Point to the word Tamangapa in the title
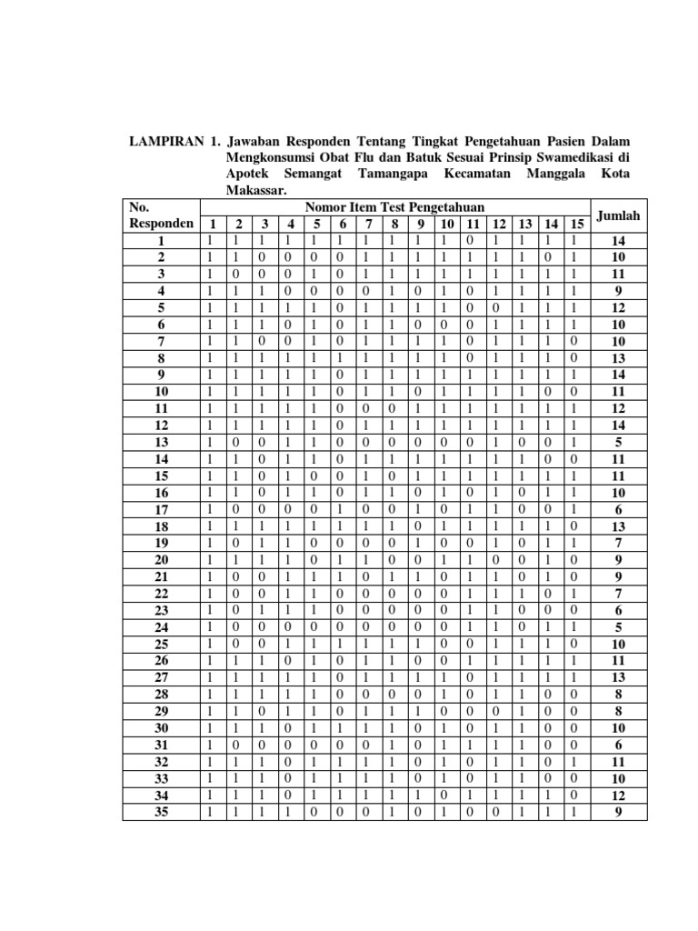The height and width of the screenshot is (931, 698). (398, 174)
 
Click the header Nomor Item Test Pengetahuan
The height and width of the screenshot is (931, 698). (394, 208)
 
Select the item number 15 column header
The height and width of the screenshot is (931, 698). (574, 225)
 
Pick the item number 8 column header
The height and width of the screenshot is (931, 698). (394, 225)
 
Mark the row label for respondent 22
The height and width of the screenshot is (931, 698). (161, 593)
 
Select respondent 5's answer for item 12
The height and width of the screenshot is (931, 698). (498, 306)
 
